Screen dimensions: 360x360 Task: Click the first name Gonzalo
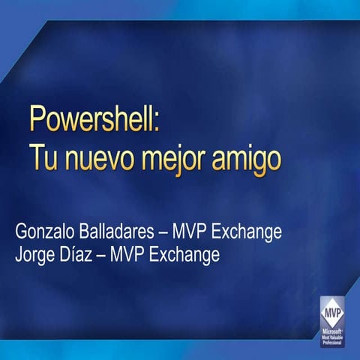[44, 232]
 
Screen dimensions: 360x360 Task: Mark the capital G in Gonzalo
[21, 231]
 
